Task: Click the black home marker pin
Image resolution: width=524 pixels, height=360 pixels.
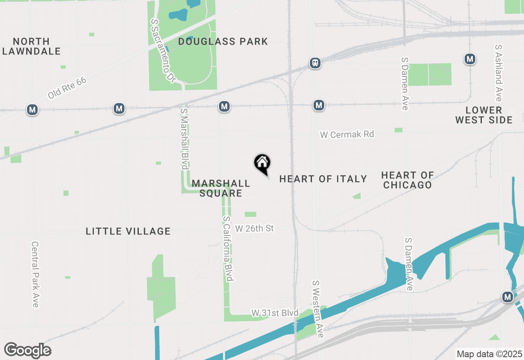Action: pyautogui.click(x=262, y=164)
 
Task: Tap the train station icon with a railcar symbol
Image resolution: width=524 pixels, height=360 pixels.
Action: pyautogui.click(x=315, y=63)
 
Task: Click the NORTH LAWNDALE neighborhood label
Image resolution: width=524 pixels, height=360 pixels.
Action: pyautogui.click(x=32, y=46)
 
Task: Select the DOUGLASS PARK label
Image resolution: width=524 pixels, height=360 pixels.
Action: pyautogui.click(x=223, y=41)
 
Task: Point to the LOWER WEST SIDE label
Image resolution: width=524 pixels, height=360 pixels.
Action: pyautogui.click(x=484, y=115)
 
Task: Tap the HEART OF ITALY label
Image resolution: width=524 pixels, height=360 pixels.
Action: pyautogui.click(x=323, y=179)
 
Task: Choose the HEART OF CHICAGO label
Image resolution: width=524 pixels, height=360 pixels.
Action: pyautogui.click(x=407, y=180)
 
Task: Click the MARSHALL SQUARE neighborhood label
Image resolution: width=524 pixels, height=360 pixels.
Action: pyautogui.click(x=221, y=188)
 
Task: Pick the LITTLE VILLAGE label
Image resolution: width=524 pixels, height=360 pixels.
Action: pyautogui.click(x=128, y=231)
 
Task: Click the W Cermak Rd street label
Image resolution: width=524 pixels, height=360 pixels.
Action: pyautogui.click(x=347, y=134)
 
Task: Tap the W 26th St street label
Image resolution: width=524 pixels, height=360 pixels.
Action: pyautogui.click(x=255, y=228)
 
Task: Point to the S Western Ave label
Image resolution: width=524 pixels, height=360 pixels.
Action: pyautogui.click(x=318, y=309)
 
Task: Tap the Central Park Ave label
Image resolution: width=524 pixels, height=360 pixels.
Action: pyautogui.click(x=35, y=274)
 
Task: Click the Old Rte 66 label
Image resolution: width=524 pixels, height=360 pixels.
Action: pyautogui.click(x=67, y=88)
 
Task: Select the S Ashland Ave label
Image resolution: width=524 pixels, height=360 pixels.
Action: pyautogui.click(x=498, y=73)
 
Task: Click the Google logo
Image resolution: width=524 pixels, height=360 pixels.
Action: pyautogui.click(x=28, y=350)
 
